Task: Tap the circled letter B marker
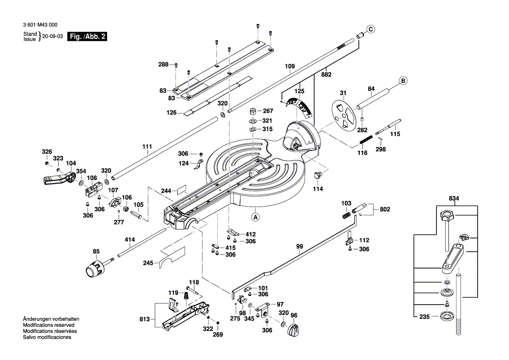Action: coord(403,81)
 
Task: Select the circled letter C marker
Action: coord(370,29)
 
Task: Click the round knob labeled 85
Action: coord(94,268)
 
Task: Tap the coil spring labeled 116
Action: coord(365,141)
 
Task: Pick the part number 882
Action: coord(326,75)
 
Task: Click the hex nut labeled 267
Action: coord(253,111)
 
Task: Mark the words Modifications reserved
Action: coord(48,325)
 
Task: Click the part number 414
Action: coord(130,239)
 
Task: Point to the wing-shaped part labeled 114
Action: coord(319,175)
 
